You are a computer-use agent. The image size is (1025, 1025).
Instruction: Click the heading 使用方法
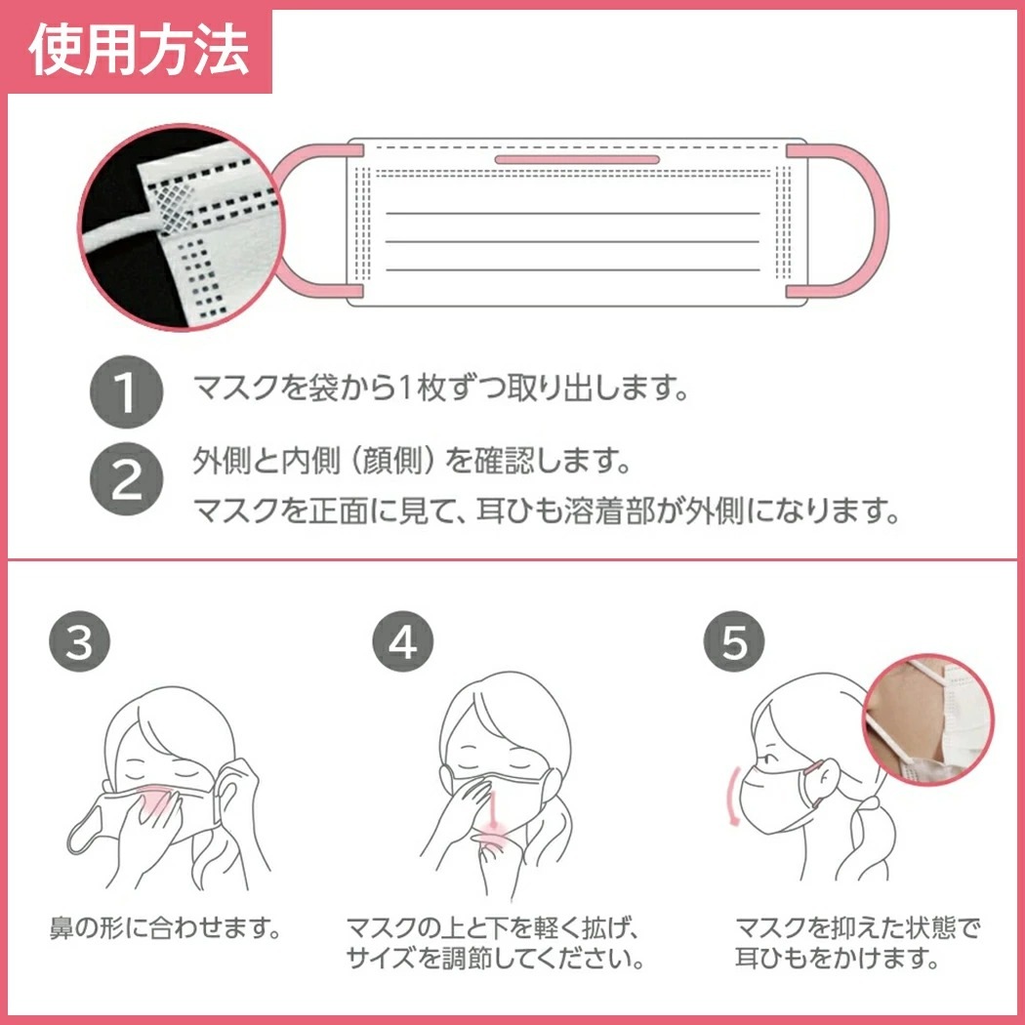pos(140,51)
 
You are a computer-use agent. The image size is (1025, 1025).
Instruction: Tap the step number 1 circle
pos(126,391)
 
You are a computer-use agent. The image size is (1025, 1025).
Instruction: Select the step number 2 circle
pos(126,479)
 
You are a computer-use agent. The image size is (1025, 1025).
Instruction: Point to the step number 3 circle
pos(79,641)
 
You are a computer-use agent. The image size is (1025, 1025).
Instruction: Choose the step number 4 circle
pos(402,641)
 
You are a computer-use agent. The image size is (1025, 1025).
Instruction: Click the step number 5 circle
pos(734,641)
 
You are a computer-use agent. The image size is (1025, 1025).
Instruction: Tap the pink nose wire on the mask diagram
pos(577,159)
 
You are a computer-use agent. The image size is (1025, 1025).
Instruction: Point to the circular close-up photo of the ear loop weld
pos(181,226)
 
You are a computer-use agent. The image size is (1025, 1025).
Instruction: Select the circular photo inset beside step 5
pos(928,719)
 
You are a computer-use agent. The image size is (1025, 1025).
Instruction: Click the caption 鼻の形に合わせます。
pos(165,927)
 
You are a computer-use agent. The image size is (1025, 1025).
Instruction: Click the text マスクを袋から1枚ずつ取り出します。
pos(441,389)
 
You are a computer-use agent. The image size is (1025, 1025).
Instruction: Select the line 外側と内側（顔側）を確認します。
pos(412,462)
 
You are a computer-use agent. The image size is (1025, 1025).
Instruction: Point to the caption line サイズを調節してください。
pos(495,959)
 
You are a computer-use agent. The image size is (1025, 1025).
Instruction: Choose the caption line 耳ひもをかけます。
pos(838,959)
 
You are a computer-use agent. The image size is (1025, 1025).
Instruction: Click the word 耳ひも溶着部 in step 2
pos(565,511)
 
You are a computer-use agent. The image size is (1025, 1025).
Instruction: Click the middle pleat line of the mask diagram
pos(573,242)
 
